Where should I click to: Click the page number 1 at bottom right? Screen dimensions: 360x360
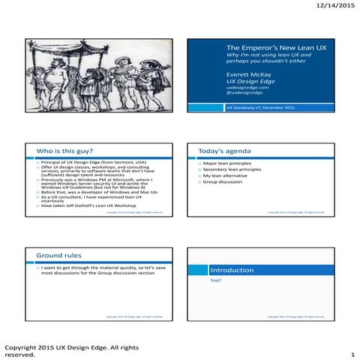[352, 354]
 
